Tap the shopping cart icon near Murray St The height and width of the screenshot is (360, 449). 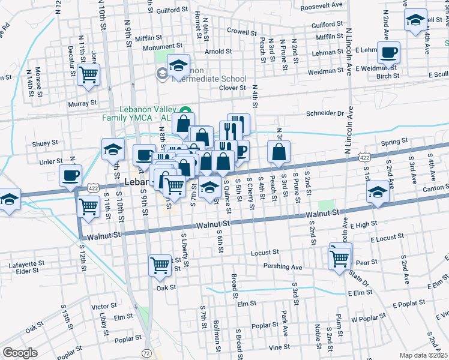[x=88, y=75]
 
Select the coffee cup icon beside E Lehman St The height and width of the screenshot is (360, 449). [x=389, y=53]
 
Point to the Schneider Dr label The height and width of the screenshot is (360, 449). [x=324, y=113]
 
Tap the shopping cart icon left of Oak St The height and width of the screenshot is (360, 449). [x=160, y=265]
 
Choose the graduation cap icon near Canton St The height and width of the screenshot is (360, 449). [x=377, y=193]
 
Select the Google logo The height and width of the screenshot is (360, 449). [x=20, y=353]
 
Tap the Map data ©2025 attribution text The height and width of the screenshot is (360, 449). [x=423, y=355]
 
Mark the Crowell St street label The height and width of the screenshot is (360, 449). [x=241, y=31]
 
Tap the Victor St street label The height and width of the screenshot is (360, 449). [x=104, y=306]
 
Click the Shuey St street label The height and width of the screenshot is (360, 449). [x=45, y=143]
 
